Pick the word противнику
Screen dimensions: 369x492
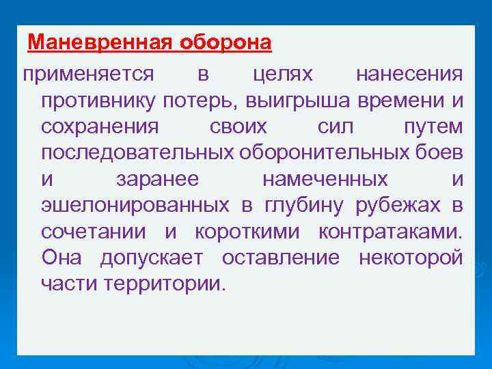tap(98, 101)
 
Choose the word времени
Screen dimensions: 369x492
tap(400, 101)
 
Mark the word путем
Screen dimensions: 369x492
tap(433, 127)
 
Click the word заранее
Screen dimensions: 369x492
tap(157, 179)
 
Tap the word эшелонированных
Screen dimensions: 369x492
tap(135, 205)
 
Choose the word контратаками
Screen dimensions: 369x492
tap(390, 232)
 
